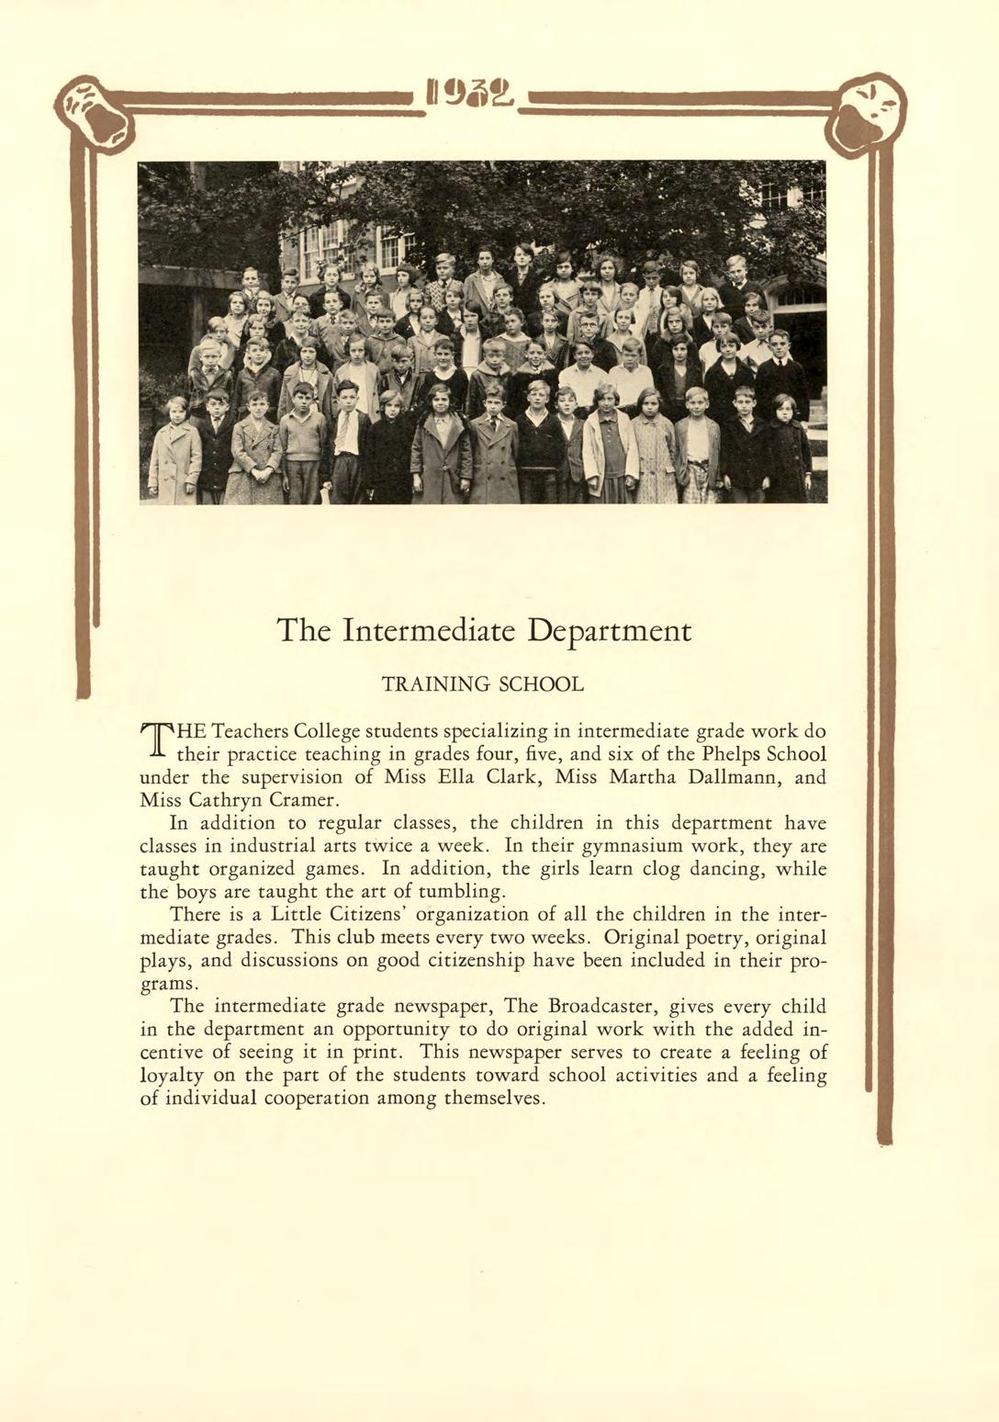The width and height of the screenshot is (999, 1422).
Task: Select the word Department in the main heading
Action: point(611,630)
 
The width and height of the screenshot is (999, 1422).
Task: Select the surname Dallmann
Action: point(721,777)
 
